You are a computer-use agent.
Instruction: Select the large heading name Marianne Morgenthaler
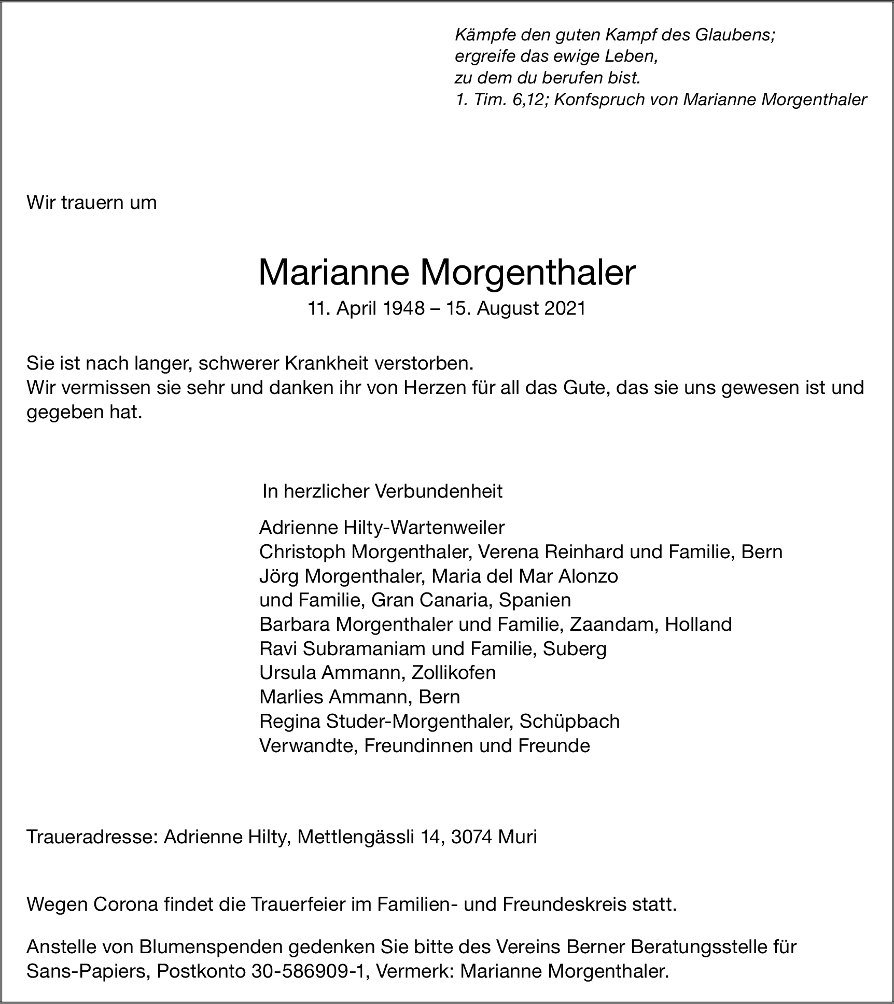(x=446, y=273)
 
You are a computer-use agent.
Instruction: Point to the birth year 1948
(x=403, y=308)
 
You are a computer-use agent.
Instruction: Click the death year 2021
(x=565, y=308)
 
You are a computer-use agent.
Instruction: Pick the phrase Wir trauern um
(x=91, y=202)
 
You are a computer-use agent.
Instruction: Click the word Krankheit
(x=327, y=363)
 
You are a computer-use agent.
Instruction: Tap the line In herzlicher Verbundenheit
(x=382, y=491)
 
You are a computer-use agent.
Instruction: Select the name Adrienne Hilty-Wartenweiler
(x=382, y=528)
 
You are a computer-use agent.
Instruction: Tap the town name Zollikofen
(x=453, y=673)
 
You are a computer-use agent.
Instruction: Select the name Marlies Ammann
(x=332, y=697)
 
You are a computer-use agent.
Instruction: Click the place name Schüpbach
(x=569, y=722)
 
